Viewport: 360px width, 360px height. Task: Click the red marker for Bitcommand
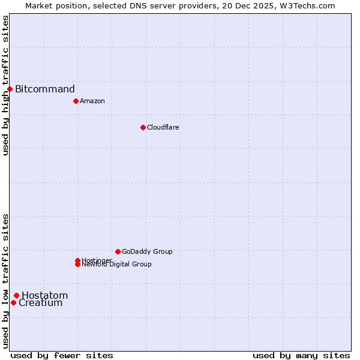pos(10,89)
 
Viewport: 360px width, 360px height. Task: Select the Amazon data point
pos(76,101)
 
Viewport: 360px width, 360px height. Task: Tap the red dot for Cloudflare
pos(143,127)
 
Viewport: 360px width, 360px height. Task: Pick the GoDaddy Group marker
pos(118,251)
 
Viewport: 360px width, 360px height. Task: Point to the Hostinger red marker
pos(77,260)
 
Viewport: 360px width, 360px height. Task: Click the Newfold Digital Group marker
pos(77,265)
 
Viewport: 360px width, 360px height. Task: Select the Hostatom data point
pos(16,295)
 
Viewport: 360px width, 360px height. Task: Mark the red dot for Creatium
pos(13,302)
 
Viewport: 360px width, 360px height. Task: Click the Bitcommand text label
pos(45,89)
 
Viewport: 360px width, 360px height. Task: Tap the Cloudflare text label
pos(163,127)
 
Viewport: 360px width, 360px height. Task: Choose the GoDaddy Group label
pos(147,251)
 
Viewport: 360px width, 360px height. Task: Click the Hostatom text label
pos(45,295)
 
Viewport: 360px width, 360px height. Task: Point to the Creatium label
pos(41,303)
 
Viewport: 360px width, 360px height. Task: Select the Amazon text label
pos(92,101)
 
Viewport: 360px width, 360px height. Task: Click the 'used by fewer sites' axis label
pos(62,355)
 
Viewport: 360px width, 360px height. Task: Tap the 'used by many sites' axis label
pos(301,355)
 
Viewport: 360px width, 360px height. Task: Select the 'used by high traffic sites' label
pos(5,85)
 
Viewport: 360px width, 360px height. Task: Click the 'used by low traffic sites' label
pos(5,280)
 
